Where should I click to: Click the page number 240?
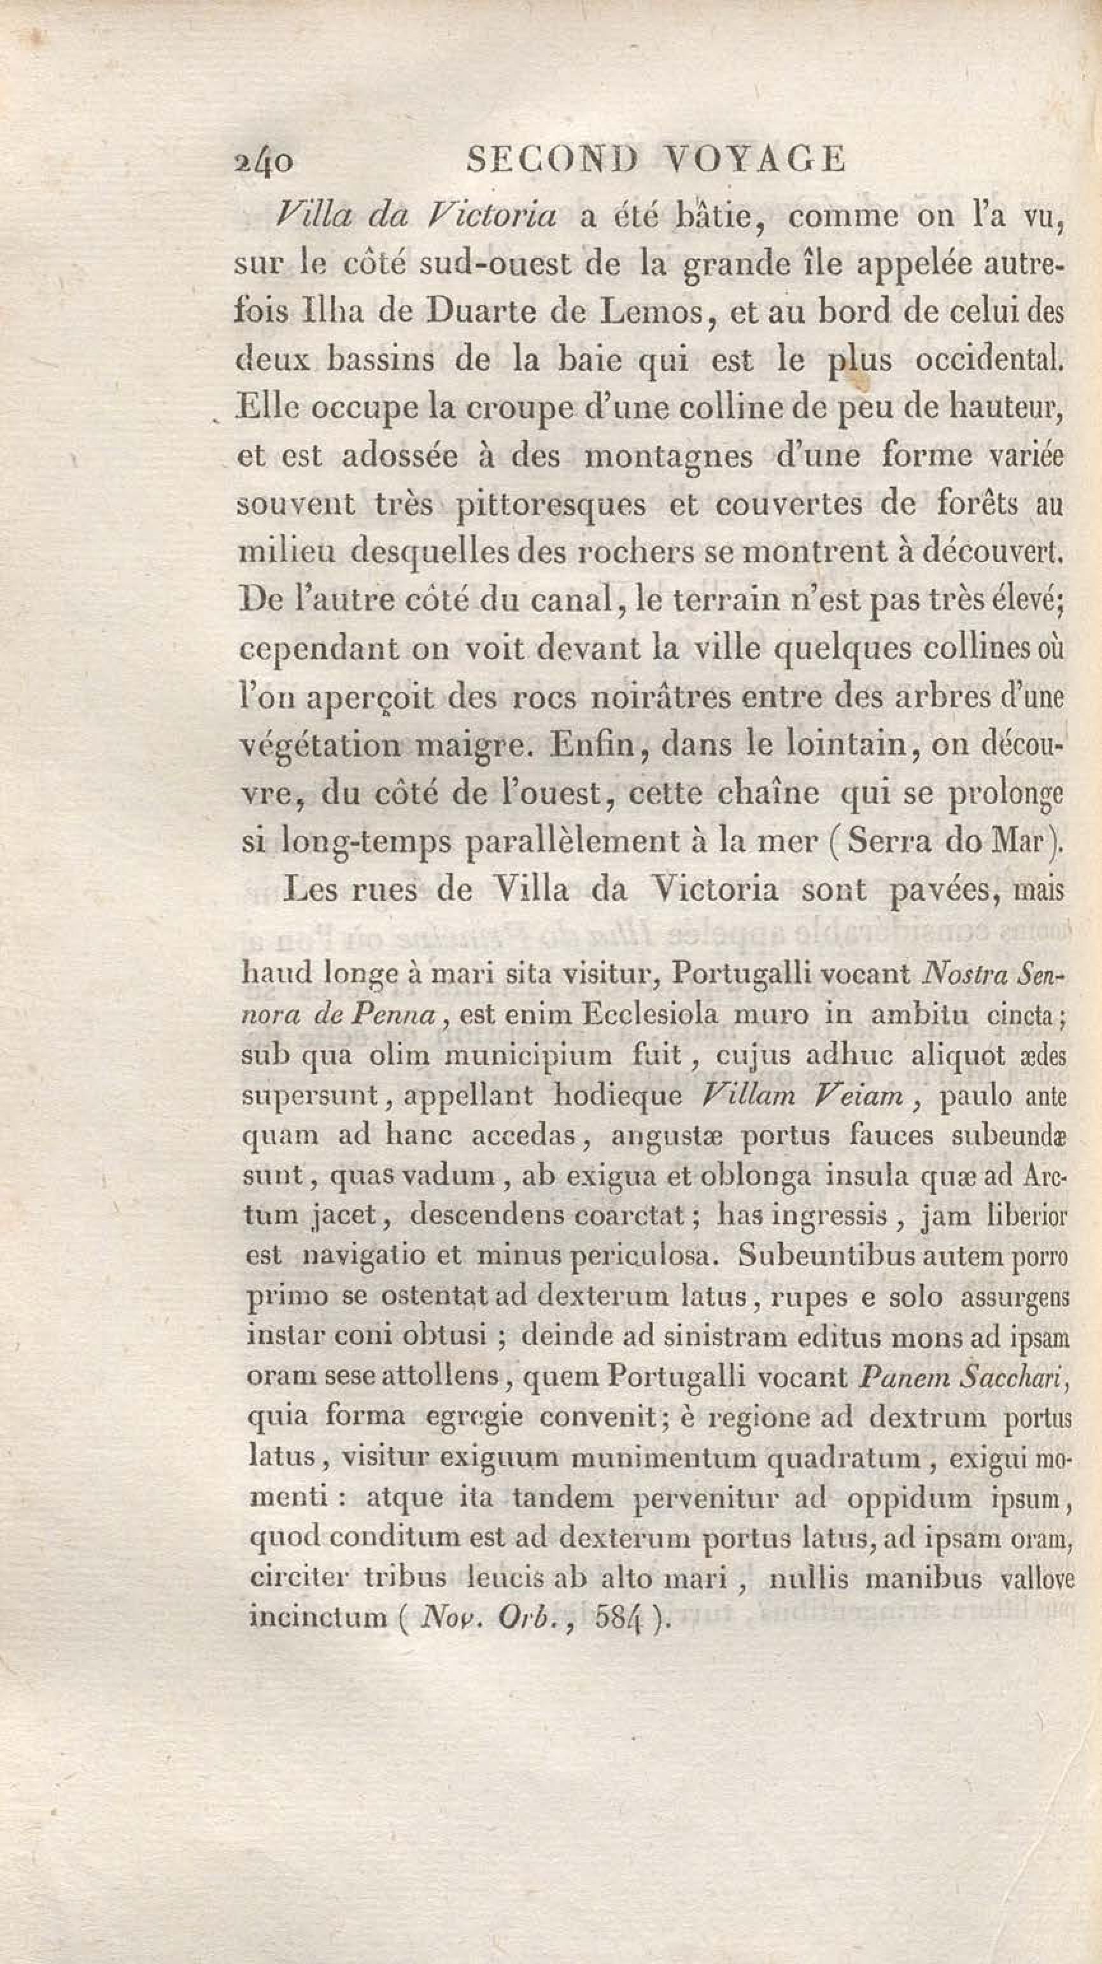[x=262, y=162]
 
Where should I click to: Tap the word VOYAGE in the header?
[x=755, y=160]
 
